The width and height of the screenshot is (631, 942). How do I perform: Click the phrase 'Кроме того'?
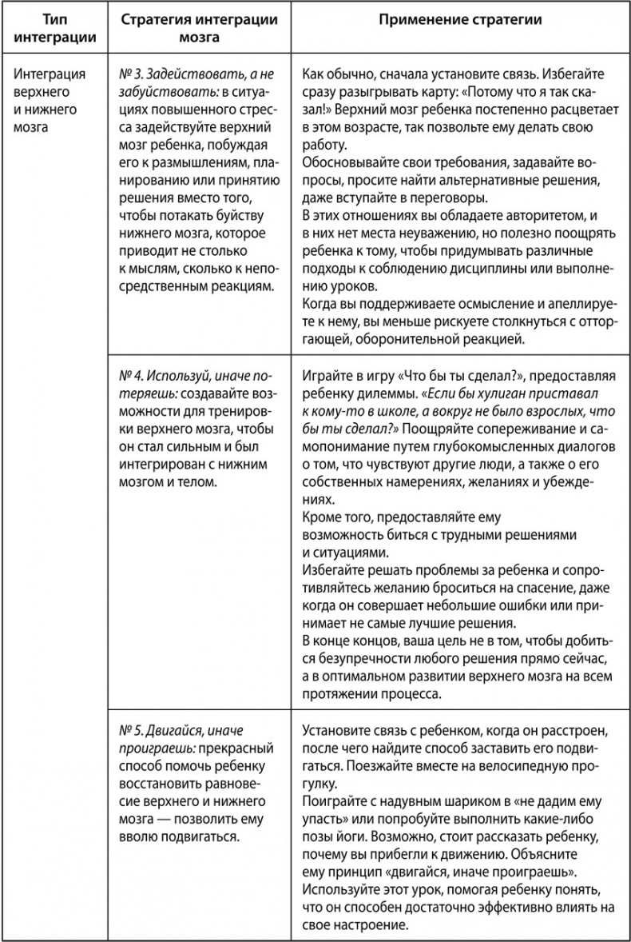click(x=335, y=517)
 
